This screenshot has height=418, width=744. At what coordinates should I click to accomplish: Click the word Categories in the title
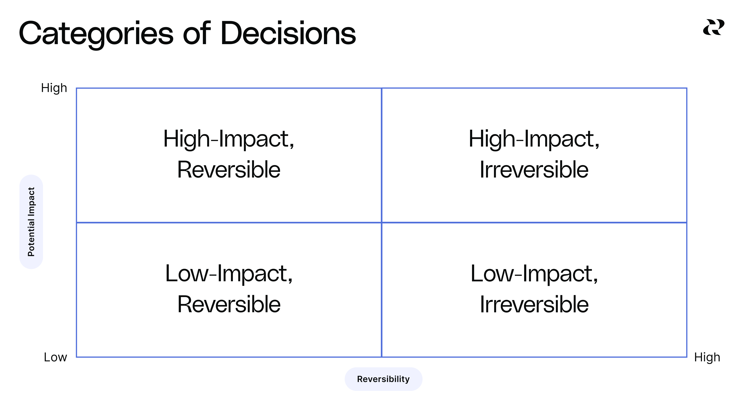click(x=96, y=34)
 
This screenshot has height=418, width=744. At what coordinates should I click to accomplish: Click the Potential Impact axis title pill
click(x=31, y=222)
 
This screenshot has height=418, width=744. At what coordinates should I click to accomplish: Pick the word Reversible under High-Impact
click(x=229, y=170)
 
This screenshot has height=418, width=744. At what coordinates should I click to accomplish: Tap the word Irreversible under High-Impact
click(x=534, y=170)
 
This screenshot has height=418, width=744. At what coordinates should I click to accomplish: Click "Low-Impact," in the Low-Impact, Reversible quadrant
click(x=229, y=273)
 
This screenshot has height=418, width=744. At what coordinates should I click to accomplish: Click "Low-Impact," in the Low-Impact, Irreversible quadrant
click(x=534, y=273)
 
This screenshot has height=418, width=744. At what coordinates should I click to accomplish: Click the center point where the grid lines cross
click(x=381, y=222)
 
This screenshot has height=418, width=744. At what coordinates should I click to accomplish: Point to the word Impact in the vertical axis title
click(x=31, y=201)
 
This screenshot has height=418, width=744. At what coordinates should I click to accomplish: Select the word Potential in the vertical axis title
click(x=31, y=237)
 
